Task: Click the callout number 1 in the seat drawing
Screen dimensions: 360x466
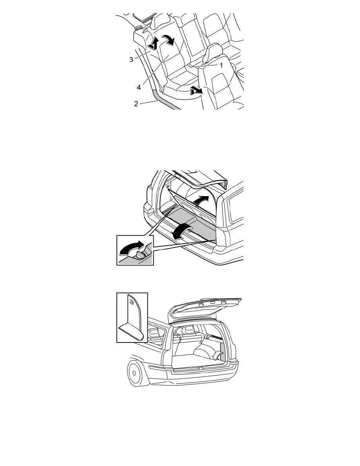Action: pos(221,66)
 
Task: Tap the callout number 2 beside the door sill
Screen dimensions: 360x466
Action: pos(136,104)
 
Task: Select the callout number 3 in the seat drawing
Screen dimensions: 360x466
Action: pos(131,60)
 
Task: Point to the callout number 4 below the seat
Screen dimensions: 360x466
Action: pos(139,87)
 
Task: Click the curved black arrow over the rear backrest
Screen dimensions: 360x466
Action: pos(169,39)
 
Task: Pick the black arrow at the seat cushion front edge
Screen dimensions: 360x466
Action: pos(196,90)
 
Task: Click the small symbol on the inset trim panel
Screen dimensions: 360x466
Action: pos(131,302)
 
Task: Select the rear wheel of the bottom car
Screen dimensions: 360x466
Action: pos(135,373)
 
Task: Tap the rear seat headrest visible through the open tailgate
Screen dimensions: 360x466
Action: pos(188,329)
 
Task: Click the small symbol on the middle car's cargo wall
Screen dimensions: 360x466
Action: pos(168,186)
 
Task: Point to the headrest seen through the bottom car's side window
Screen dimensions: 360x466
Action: pos(154,333)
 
